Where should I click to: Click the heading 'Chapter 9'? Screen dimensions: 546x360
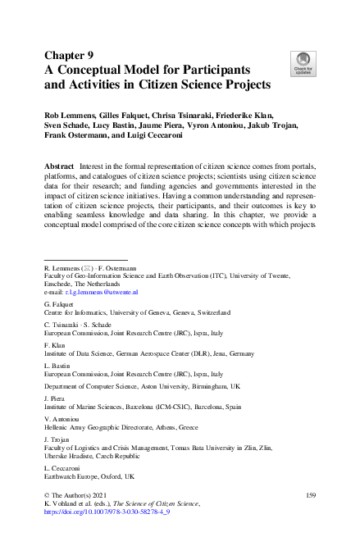68,56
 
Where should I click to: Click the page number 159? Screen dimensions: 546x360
310,497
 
